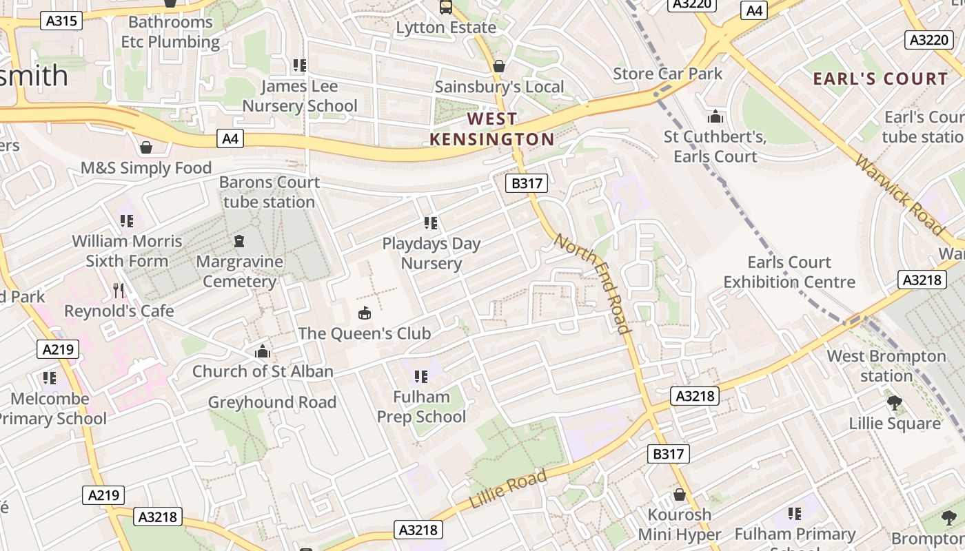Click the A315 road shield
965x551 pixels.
coord(61,21)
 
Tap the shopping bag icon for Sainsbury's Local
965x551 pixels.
coord(498,66)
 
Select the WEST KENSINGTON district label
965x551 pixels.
coord(491,129)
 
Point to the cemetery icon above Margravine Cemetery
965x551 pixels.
coord(239,241)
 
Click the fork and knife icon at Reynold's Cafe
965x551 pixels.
coord(119,290)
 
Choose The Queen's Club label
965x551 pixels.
coord(364,333)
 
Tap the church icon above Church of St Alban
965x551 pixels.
coord(262,352)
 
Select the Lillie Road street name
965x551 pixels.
coord(508,489)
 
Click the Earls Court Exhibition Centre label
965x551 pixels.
coord(789,272)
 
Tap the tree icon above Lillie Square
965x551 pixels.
coord(894,403)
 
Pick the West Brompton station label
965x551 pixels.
coord(886,366)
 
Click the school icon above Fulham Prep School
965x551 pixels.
coord(420,376)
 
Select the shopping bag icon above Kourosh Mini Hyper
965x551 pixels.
coord(679,495)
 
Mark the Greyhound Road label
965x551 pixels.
coord(272,402)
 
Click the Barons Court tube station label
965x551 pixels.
coord(270,192)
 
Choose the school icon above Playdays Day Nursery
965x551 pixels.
coord(431,222)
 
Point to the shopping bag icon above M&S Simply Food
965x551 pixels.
coord(146,147)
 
